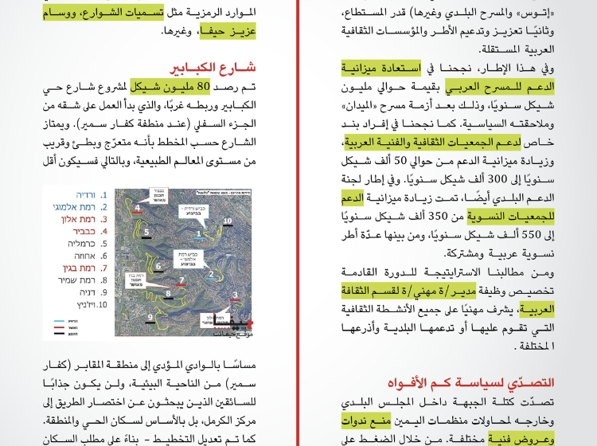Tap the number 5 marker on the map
[x=146, y=232]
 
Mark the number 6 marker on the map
[x=159, y=266]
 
